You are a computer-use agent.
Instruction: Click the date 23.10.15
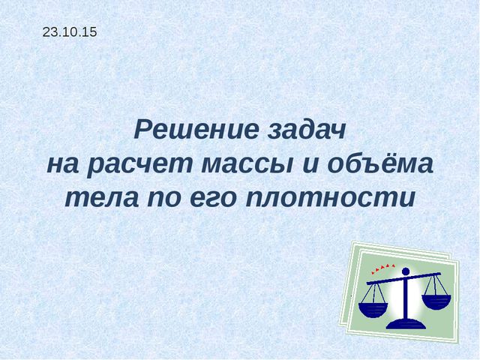(70, 32)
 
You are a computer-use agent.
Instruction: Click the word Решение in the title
(196, 130)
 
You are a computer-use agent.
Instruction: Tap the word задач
(305, 130)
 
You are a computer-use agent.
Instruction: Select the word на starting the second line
(63, 164)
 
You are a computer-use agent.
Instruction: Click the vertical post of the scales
(406, 296)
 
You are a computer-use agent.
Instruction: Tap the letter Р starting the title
(143, 130)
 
